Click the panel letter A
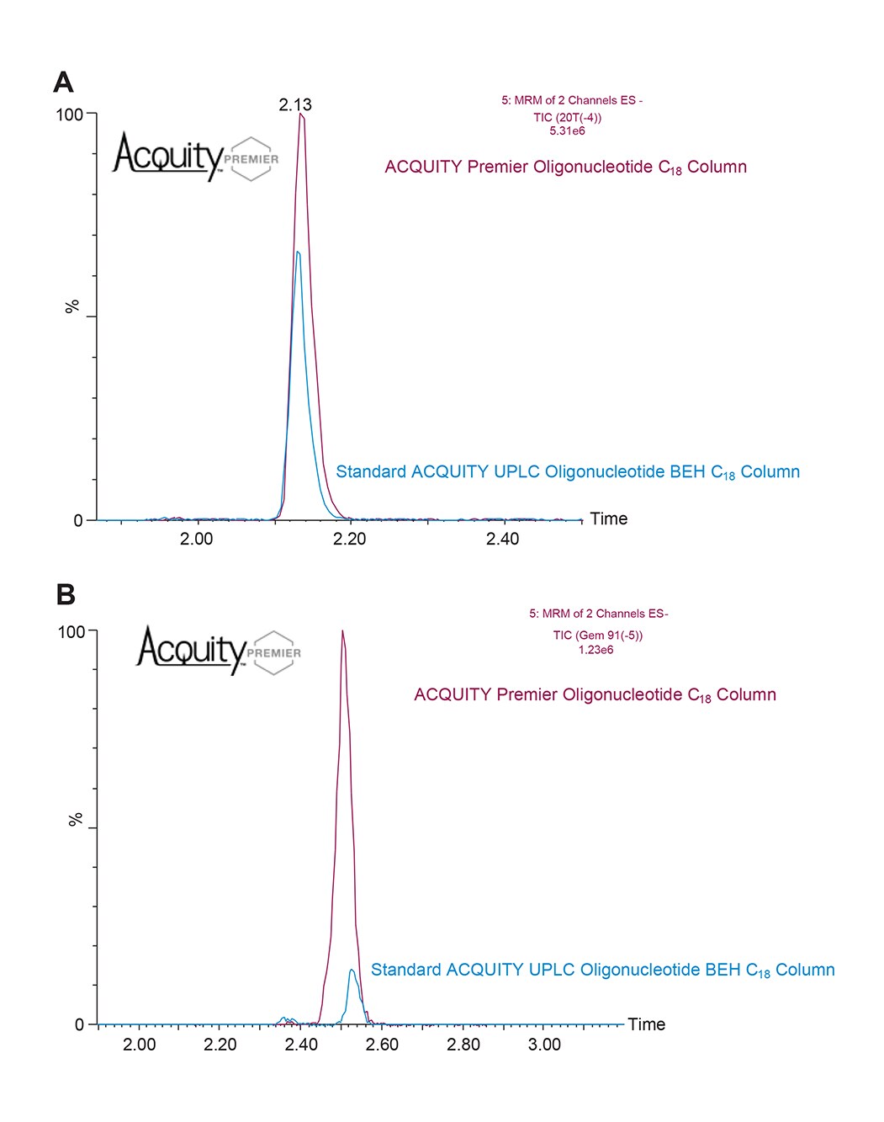point(63,82)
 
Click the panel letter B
point(65,595)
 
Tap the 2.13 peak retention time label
point(295,105)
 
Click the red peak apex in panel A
point(301,115)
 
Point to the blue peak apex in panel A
point(298,252)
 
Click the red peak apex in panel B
point(342,631)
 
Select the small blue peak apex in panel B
point(352,970)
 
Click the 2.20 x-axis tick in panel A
point(349,539)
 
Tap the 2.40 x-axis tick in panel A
point(502,539)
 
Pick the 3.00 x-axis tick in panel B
point(544,1045)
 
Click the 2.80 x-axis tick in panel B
point(463,1045)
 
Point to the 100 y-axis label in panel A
point(69,114)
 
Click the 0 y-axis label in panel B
point(80,1024)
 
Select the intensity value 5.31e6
point(567,131)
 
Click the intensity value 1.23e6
point(596,650)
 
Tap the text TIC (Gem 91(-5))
point(597,635)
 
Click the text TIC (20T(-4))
point(568,117)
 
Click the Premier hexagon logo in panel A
point(251,158)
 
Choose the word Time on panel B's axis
point(646,1024)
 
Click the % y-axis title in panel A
point(72,306)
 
